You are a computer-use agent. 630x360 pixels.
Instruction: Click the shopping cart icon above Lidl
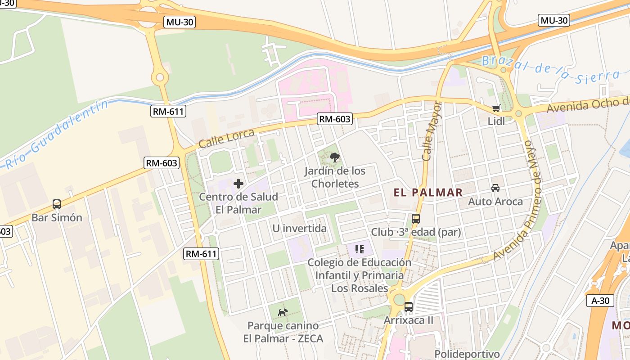pos(496,108)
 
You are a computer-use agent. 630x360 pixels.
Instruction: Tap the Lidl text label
pos(496,121)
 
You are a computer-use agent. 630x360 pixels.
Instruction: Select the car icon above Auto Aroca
pos(495,188)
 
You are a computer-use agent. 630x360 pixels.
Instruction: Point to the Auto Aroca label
pos(495,201)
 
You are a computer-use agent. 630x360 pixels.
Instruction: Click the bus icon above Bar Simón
pos(57,204)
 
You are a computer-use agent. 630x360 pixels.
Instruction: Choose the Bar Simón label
pos(57,218)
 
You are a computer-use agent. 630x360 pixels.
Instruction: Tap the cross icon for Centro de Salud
pos(238,184)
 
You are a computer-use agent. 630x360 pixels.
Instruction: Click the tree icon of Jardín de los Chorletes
pos(334,157)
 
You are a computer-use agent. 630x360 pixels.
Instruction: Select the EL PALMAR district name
pos(428,193)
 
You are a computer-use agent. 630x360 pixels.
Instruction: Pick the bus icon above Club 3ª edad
pos(416,219)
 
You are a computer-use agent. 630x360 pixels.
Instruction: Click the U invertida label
pos(299,229)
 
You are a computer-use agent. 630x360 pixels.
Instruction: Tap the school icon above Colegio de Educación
pos(359,249)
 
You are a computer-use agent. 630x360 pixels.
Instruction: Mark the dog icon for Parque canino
pos(283,312)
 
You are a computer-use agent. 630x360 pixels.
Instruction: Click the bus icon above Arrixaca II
pos(409,307)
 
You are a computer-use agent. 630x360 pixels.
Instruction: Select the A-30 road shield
pos(600,301)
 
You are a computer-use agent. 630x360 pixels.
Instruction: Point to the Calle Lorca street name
pos(226,139)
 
